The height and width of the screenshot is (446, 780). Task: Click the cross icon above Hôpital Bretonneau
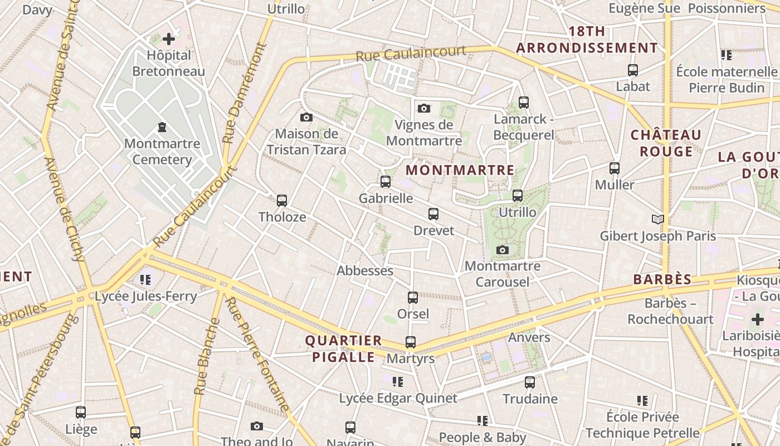[169, 39]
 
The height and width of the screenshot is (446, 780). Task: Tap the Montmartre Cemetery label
[162, 152]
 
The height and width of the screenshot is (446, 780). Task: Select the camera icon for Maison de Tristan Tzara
[306, 117]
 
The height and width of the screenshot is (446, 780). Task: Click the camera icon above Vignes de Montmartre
[424, 108]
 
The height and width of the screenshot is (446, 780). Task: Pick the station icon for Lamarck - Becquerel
[523, 102]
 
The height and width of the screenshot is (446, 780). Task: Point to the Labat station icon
[632, 70]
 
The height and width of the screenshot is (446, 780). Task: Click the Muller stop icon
[615, 168]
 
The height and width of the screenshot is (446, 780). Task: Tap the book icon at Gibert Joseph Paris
[658, 220]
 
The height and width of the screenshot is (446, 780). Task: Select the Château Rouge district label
[666, 143]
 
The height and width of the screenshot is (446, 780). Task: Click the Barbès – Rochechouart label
[670, 311]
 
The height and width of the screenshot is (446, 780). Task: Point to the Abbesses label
[365, 271]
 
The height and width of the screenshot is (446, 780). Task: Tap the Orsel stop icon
[413, 298]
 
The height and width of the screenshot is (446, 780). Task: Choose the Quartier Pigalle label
[343, 348]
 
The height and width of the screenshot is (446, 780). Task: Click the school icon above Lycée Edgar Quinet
[397, 382]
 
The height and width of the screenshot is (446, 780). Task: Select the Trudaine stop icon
[530, 382]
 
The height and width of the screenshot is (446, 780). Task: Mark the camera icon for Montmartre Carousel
[503, 250]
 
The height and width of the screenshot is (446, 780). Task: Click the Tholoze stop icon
[282, 201]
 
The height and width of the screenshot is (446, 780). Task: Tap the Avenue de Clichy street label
[65, 209]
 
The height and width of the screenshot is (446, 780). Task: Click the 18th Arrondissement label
[587, 40]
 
